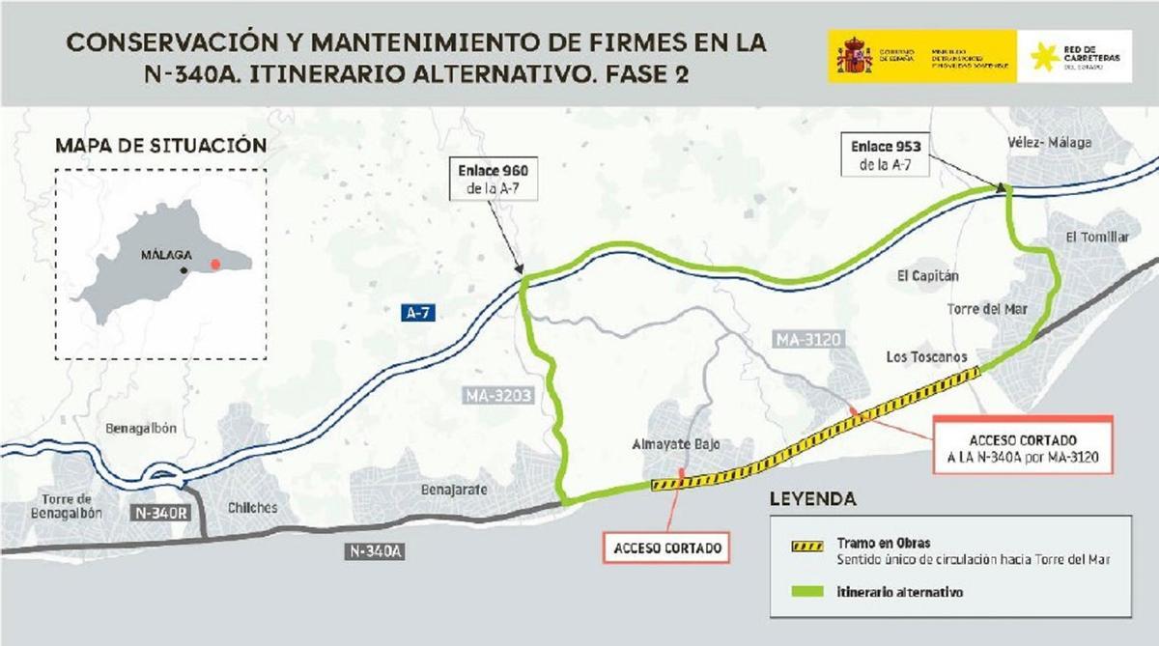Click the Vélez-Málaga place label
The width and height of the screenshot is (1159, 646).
[x=1053, y=143]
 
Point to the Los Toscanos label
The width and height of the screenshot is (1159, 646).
[x=926, y=356]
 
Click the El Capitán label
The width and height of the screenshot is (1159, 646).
[x=928, y=275]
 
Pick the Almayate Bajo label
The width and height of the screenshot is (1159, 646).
[x=677, y=445]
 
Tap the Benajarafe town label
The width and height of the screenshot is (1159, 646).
[x=453, y=490]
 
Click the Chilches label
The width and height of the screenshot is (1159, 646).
[x=252, y=508]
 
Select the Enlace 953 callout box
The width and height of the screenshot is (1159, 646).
[x=887, y=154]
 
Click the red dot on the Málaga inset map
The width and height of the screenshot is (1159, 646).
[x=216, y=262]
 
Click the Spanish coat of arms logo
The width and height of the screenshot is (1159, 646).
[x=854, y=56]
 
